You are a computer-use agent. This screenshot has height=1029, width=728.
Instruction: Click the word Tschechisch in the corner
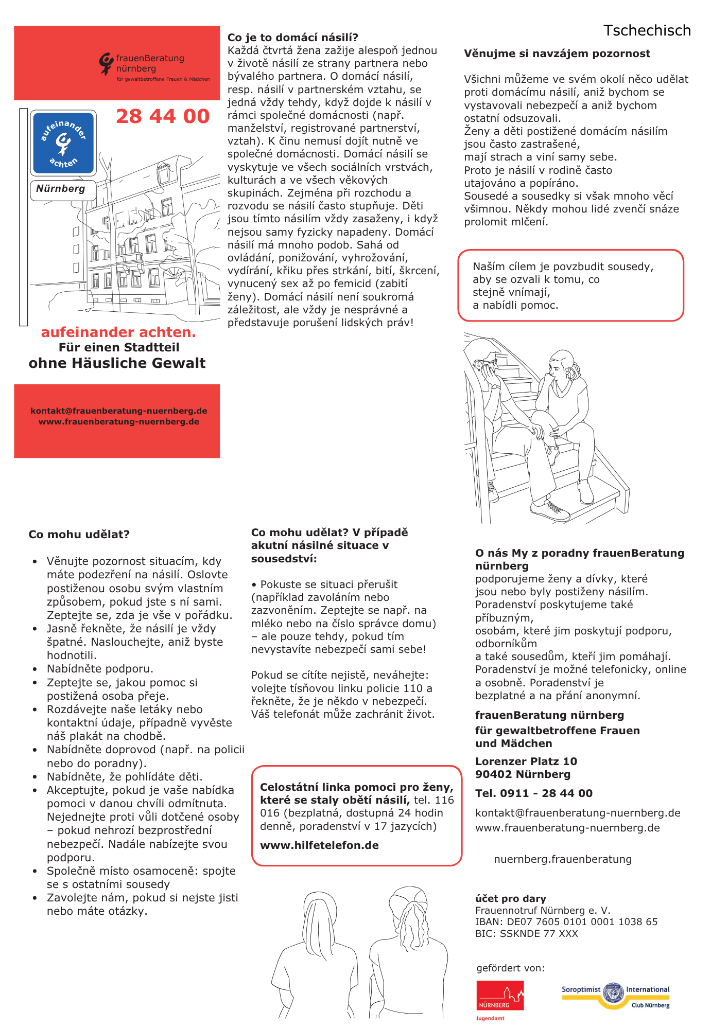point(647,31)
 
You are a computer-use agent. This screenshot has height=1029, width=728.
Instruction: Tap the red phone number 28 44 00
point(163,116)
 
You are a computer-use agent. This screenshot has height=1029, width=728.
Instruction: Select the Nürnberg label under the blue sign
point(61,189)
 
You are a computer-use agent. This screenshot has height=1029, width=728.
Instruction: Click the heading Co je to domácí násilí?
point(292,38)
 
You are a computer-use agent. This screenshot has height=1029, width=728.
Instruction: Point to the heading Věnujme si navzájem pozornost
point(557,54)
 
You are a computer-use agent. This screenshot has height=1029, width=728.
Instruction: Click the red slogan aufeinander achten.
point(118,332)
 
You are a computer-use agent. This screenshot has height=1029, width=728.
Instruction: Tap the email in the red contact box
point(118,411)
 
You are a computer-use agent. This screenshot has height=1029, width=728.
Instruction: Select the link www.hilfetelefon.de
point(319,845)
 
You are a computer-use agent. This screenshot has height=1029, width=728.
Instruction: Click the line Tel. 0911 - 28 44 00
point(533,793)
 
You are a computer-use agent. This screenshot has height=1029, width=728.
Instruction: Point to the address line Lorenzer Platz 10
point(526,761)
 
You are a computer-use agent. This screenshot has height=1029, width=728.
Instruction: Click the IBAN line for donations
point(566,921)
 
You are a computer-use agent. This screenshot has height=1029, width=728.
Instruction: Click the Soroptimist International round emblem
point(613,993)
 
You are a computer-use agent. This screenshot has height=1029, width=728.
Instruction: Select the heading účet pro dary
point(510,898)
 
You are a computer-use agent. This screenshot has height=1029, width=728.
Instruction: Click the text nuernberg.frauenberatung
point(562,859)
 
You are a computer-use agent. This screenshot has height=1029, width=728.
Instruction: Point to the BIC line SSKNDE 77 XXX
point(526,933)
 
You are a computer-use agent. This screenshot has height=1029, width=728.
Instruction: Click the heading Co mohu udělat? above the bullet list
point(79,535)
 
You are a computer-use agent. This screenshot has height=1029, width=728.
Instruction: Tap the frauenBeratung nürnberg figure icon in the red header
point(106,64)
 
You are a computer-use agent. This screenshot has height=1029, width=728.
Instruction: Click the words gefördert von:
point(510,968)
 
